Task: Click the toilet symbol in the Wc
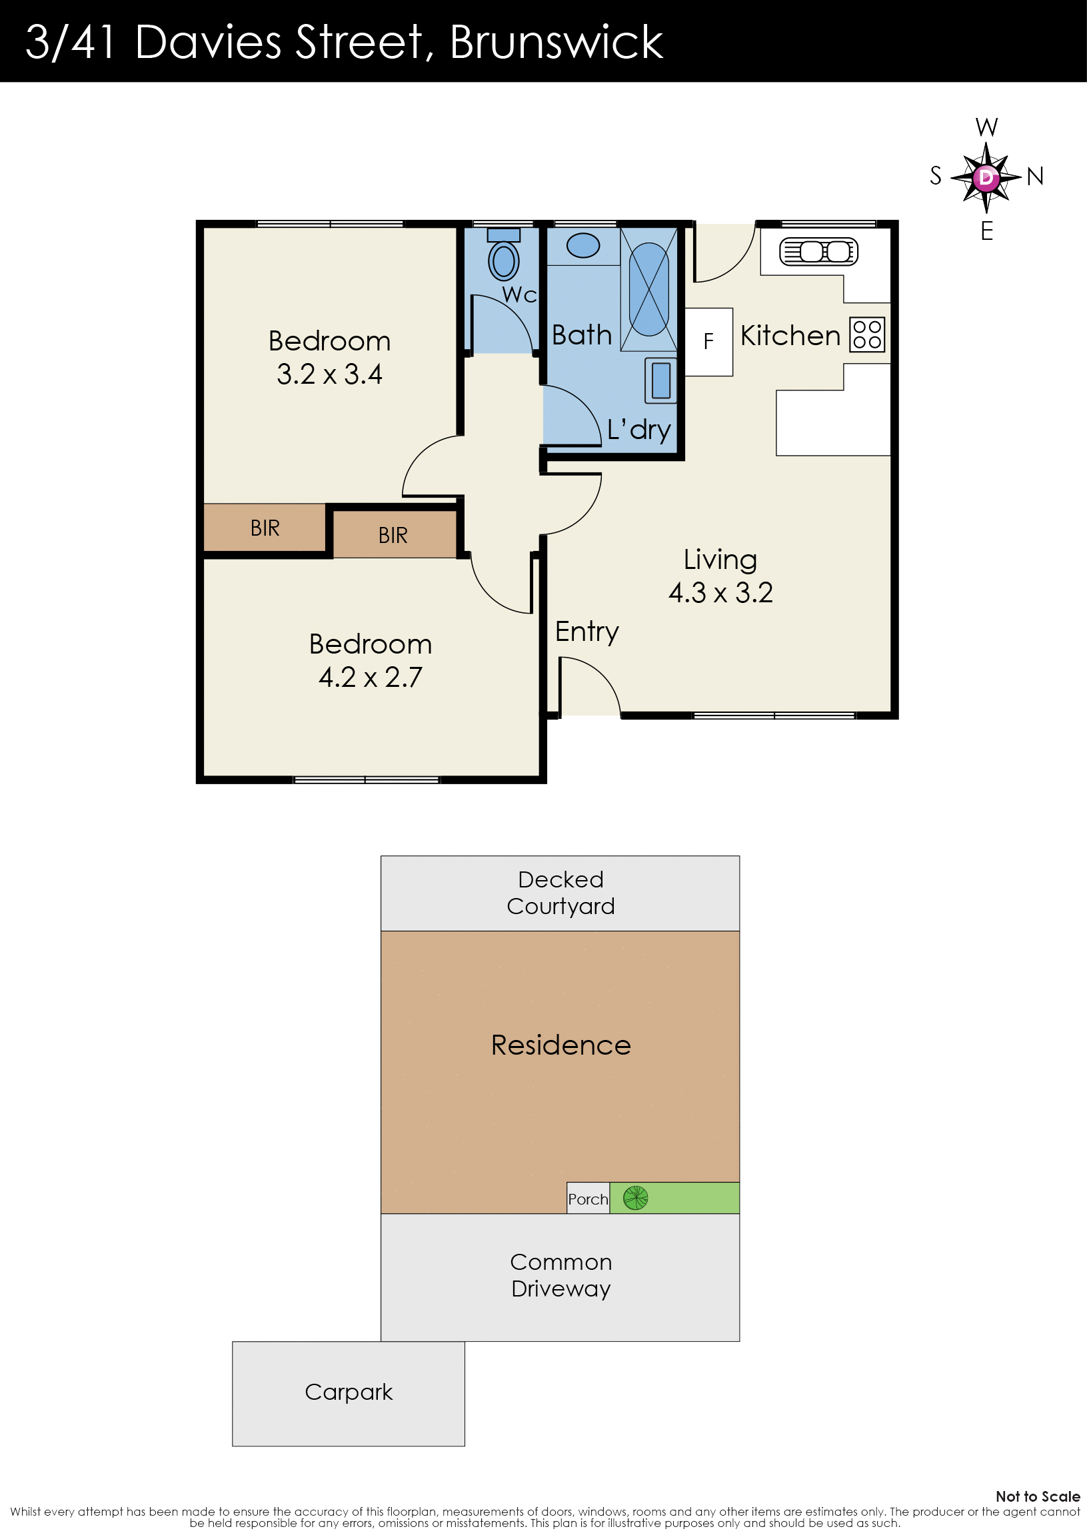[x=504, y=255]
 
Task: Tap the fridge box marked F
[x=708, y=341]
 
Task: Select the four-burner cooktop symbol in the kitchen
[x=867, y=334]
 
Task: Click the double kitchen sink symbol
[x=818, y=252]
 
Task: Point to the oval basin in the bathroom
[x=582, y=245]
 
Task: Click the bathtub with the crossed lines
[x=648, y=289]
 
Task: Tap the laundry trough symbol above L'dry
[x=661, y=380]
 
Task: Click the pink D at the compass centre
[x=986, y=177]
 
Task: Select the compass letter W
[x=986, y=127]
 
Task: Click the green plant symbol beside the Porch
[x=636, y=1198]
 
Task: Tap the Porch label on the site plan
[x=588, y=1199]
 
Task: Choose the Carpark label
[x=349, y=1392]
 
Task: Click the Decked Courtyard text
[x=560, y=892]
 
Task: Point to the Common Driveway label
[x=560, y=1275]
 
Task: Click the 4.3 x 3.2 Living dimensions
[x=720, y=592]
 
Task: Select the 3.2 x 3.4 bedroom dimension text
[x=329, y=374]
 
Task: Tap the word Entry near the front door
[x=586, y=632]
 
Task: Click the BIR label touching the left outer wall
[x=265, y=528]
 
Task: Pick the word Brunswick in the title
[x=556, y=42]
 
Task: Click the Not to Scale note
[x=1038, y=1496]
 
